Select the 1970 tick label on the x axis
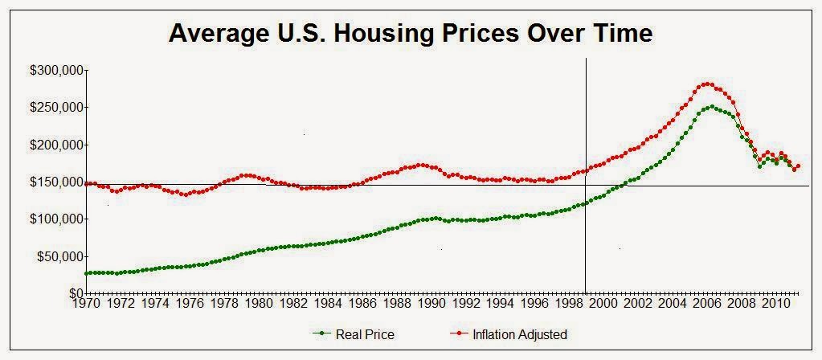click(85, 305)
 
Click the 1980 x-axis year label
click(258, 305)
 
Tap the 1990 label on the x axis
click(431, 305)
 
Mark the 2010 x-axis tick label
click(775, 305)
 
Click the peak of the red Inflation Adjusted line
click(707, 83)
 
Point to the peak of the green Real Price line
click(711, 106)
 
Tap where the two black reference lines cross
click(586, 186)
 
